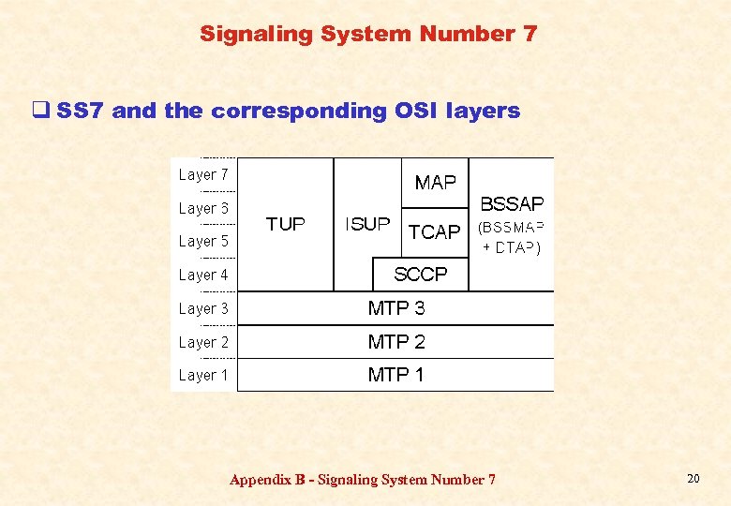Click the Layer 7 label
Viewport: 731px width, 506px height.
click(203, 175)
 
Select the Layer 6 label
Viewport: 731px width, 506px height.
click(203, 209)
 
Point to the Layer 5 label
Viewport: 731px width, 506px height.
click(203, 242)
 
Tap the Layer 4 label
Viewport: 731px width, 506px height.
click(203, 275)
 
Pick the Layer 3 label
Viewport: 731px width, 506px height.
click(203, 309)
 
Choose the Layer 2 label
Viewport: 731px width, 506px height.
click(203, 343)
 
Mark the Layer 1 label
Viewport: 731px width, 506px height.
click(203, 376)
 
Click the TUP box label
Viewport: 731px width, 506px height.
click(286, 224)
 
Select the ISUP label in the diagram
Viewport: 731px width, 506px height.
click(367, 224)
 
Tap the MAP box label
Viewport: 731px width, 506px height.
click(435, 183)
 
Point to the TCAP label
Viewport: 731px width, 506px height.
click(435, 231)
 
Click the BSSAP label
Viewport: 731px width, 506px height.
click(512, 203)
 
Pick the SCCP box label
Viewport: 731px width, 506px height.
click(421, 275)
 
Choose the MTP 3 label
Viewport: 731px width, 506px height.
click(396, 308)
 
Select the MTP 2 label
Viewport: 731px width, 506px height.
click(396, 342)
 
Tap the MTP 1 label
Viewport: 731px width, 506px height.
click(396, 375)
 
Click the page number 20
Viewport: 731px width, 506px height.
click(694, 479)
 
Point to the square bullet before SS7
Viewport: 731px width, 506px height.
click(40, 112)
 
